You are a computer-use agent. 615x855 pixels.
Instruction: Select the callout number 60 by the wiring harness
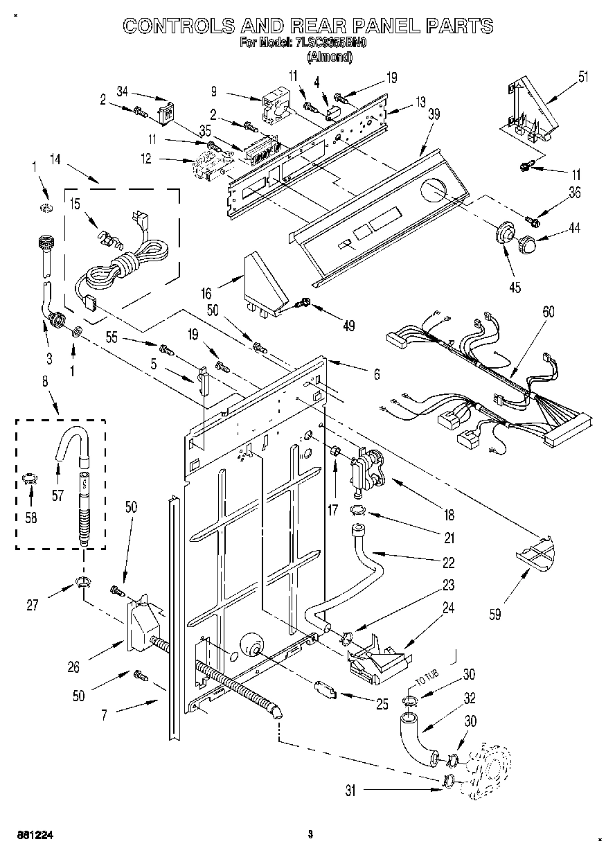[x=548, y=312]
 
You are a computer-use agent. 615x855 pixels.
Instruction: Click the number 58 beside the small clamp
[x=30, y=516]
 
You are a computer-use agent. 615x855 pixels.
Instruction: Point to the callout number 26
[x=73, y=667]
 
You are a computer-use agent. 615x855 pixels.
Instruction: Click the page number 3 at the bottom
[x=311, y=834]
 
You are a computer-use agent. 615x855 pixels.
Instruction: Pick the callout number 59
[x=496, y=613]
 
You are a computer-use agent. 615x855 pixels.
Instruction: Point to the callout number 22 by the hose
[x=449, y=562]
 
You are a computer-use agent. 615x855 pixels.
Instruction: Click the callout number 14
[x=55, y=159]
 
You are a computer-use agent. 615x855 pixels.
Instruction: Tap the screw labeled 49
[x=304, y=302]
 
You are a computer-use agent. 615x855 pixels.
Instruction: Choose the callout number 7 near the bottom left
[x=105, y=714]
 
